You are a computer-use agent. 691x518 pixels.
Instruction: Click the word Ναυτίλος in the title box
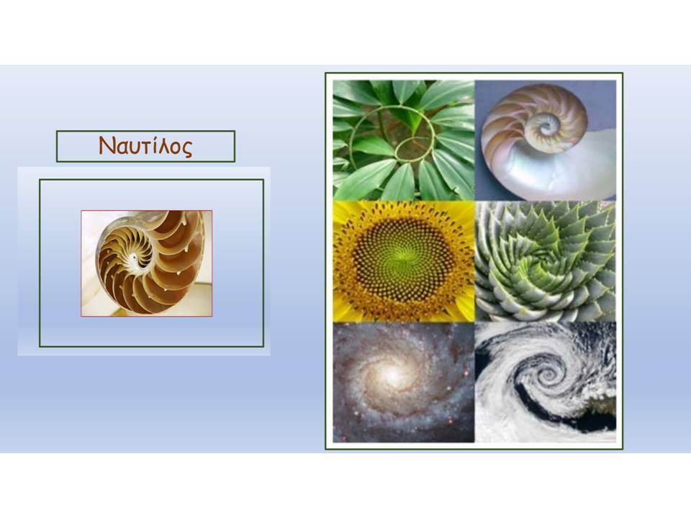145,146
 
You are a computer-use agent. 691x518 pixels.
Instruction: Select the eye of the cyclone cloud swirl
549,376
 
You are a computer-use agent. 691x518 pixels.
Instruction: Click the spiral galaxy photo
404,382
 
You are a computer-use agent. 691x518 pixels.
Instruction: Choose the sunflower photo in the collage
404,261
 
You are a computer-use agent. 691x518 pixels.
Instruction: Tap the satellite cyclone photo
546,382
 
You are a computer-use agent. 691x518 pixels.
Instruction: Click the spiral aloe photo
546,261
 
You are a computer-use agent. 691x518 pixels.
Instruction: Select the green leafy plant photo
404,140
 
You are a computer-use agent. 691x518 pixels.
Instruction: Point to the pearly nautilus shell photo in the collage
546,140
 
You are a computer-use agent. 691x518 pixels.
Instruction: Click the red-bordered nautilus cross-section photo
147,263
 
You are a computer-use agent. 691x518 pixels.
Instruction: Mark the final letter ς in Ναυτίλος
188,149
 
